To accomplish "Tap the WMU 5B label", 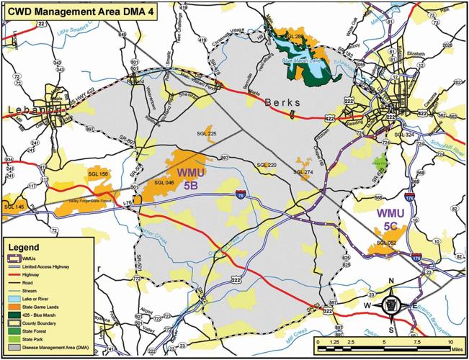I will (x=189, y=179).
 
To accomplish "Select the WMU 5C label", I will (x=390, y=220).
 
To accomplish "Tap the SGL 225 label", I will (x=207, y=133).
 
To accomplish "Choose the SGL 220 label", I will (x=266, y=165).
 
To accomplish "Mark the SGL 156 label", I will (x=97, y=174).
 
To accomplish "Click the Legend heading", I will (x=25, y=245).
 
